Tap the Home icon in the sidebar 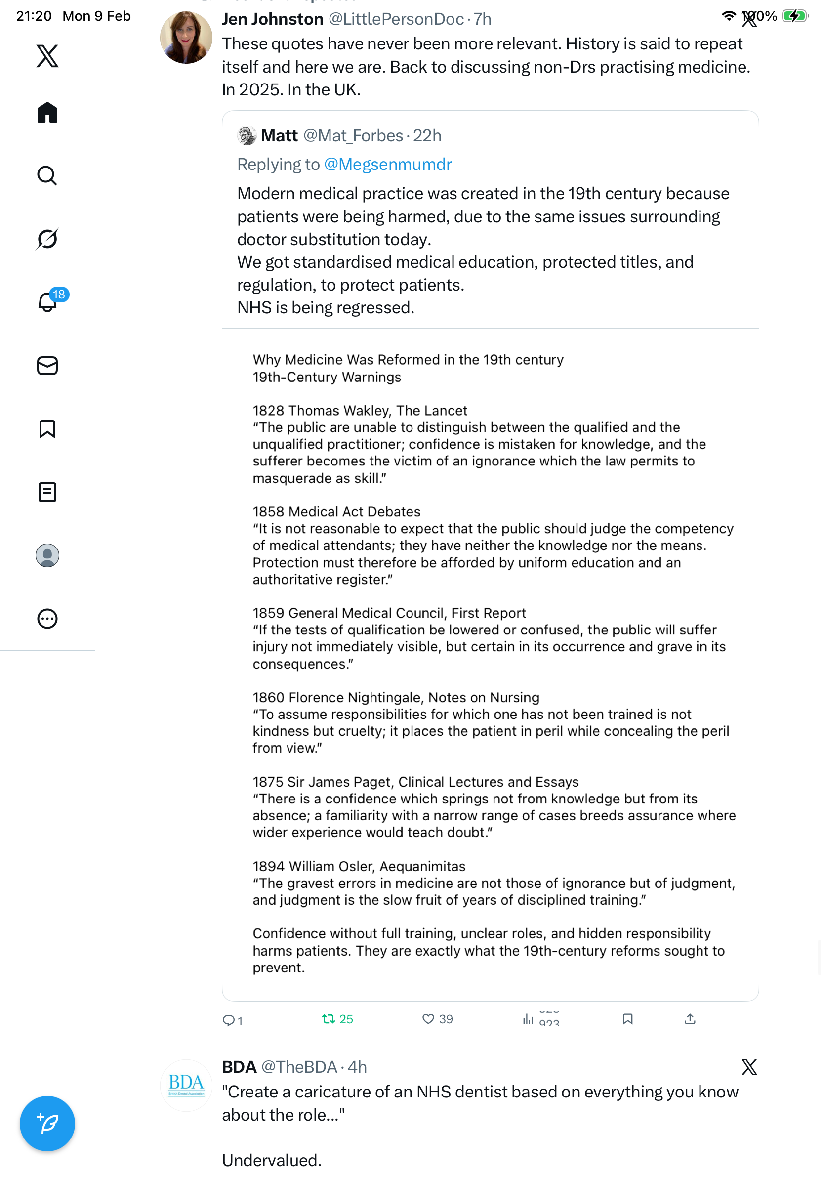click(x=47, y=112)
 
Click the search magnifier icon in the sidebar click(x=47, y=175)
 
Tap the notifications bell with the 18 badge click(x=48, y=302)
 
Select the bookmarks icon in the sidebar click(x=47, y=429)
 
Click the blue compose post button click(x=47, y=1124)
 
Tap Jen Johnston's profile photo click(x=186, y=38)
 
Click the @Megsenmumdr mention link click(x=388, y=165)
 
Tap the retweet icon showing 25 click(x=328, y=1018)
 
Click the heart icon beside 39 click(x=428, y=1018)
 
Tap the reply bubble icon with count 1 click(x=228, y=1020)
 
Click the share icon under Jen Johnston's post click(x=690, y=1018)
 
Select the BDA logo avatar click(x=186, y=1085)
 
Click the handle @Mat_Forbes click(x=353, y=136)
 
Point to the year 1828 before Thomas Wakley click(x=269, y=411)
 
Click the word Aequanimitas click(x=422, y=866)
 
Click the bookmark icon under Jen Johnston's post click(x=627, y=1018)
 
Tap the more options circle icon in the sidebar click(x=47, y=619)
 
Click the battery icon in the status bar click(x=794, y=16)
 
